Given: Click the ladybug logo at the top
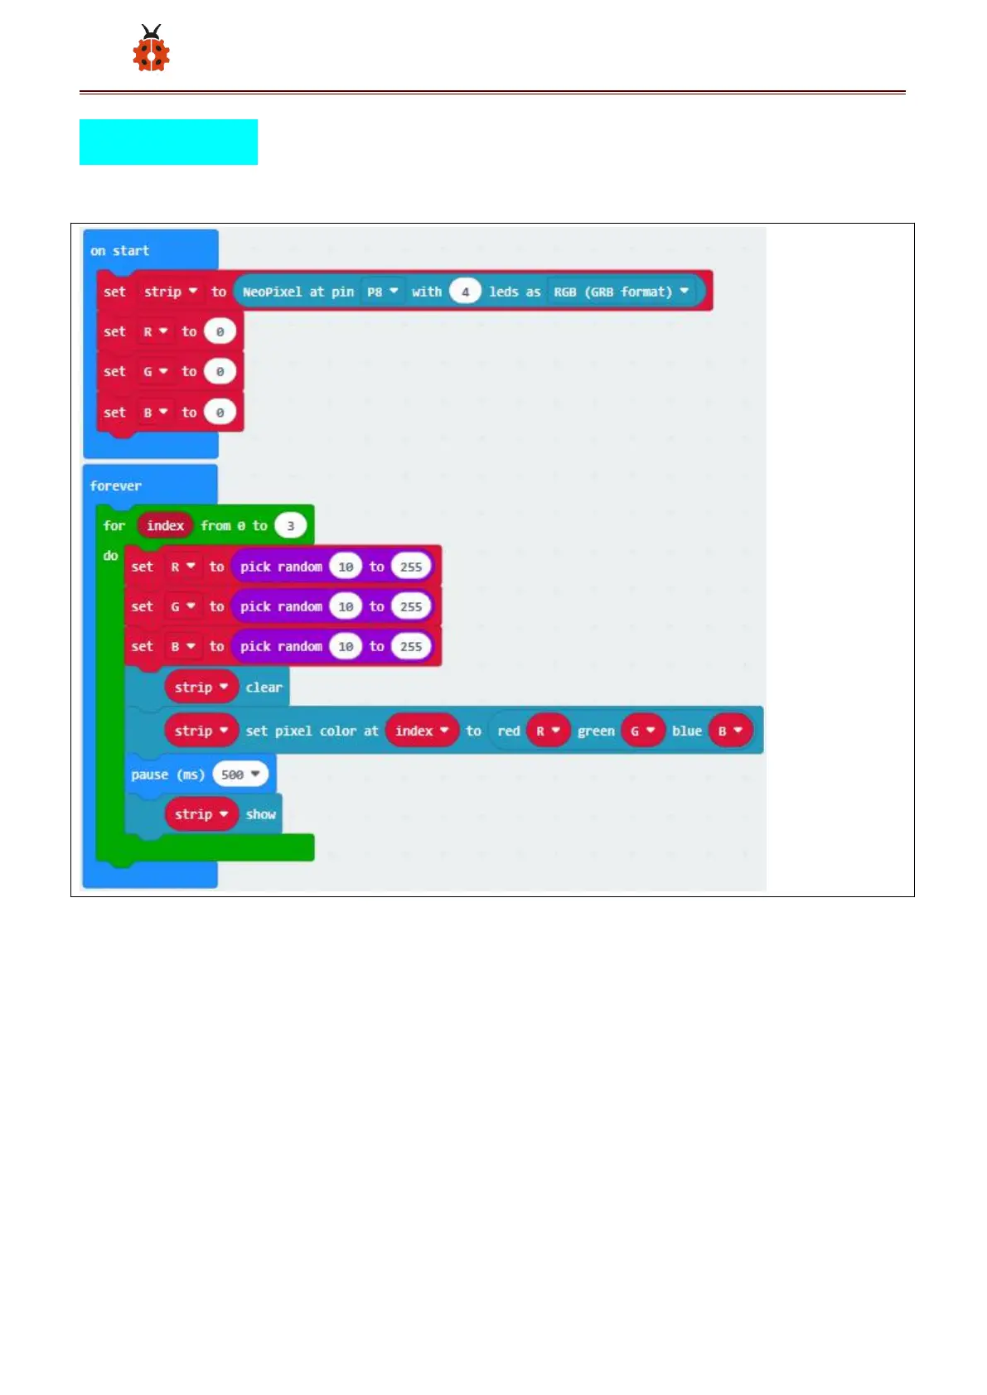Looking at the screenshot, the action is click(x=151, y=49).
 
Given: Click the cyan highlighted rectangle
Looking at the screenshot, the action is click(x=168, y=142).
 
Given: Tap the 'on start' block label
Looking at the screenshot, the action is click(x=120, y=250).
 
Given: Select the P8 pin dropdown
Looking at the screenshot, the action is click(x=382, y=292).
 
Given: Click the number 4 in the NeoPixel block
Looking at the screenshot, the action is click(x=465, y=292).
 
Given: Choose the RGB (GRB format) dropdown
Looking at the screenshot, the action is click(x=621, y=292).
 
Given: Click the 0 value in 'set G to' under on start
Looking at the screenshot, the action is click(x=220, y=372).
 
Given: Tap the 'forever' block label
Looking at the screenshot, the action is click(x=116, y=486).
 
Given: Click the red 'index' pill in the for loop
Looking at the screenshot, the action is click(x=165, y=525).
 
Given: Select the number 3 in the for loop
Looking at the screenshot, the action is click(x=290, y=526).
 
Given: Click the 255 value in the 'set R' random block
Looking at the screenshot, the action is click(x=411, y=567).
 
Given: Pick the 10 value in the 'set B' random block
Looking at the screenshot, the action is click(x=346, y=647).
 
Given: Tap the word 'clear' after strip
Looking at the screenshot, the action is click(x=264, y=688).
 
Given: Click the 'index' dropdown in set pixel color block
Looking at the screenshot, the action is click(x=421, y=731).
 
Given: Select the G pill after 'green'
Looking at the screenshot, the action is click(x=642, y=731).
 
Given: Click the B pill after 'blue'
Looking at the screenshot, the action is click(x=729, y=731).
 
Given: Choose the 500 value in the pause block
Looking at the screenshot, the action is click(x=239, y=775).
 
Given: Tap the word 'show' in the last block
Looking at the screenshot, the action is click(x=260, y=814).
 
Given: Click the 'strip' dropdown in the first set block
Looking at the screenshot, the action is click(x=170, y=292).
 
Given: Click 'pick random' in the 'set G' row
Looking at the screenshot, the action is click(x=281, y=606).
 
